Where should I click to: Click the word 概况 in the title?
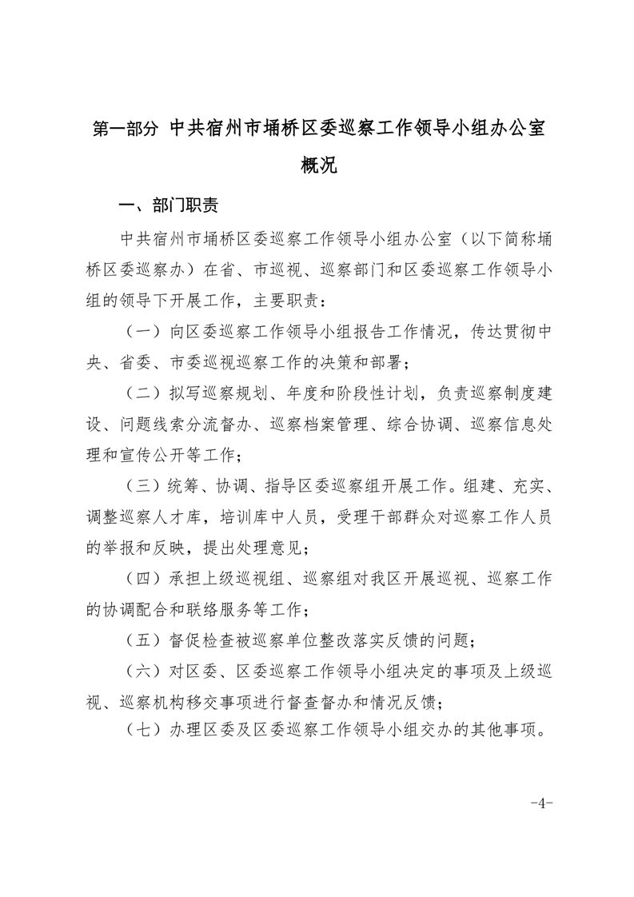(317, 165)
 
